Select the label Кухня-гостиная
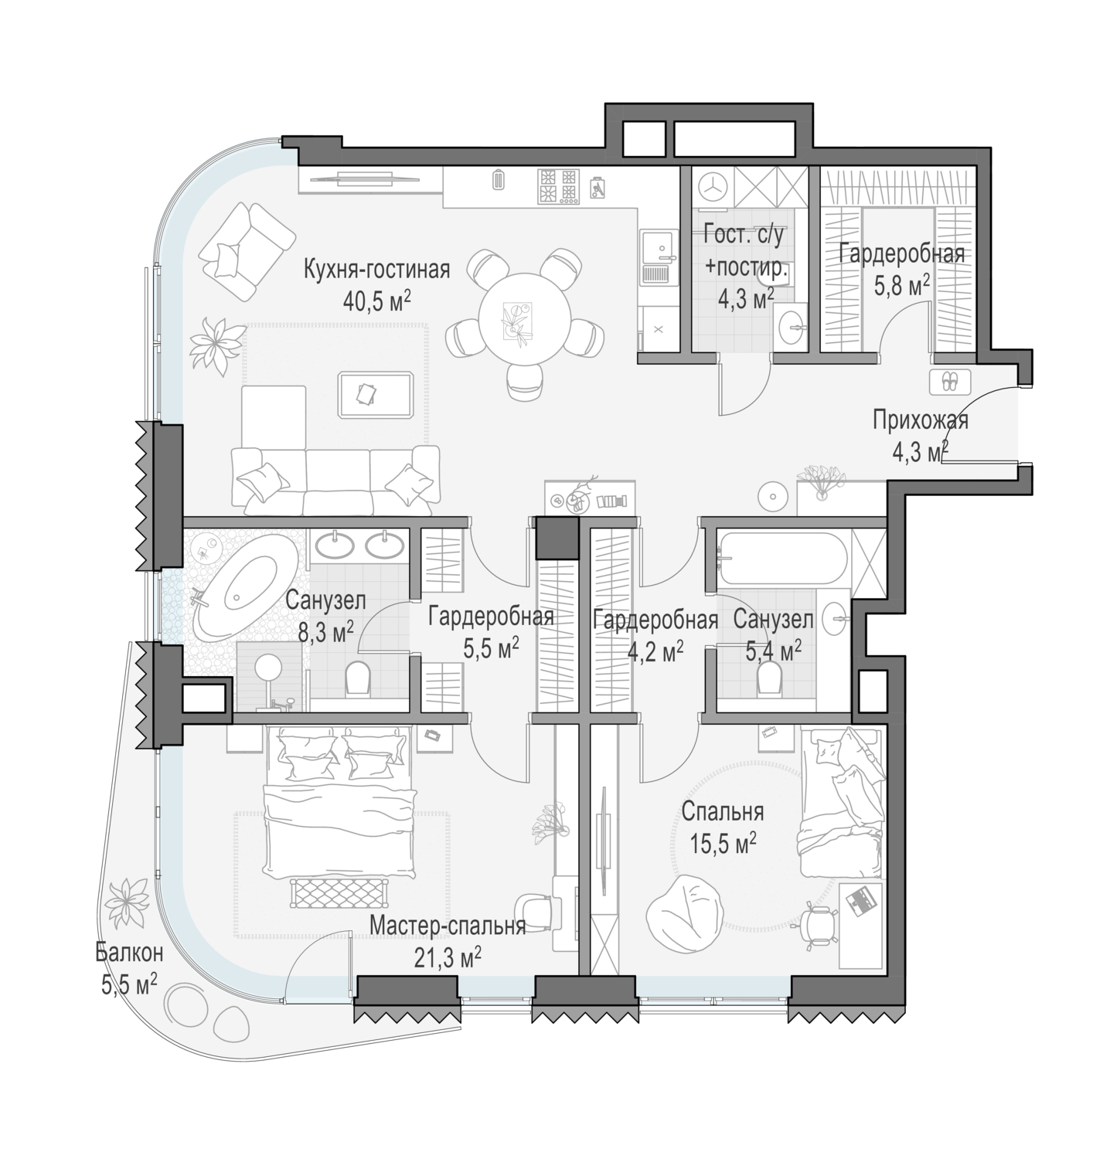tap(376, 270)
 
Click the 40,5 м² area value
tap(376, 300)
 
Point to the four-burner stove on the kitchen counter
tap(558, 186)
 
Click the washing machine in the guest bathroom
tap(711, 187)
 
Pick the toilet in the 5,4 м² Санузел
tap(770, 677)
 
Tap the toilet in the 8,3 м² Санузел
tap(358, 677)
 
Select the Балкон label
tap(129, 952)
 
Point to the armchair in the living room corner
tap(247, 251)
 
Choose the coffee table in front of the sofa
tap(376, 394)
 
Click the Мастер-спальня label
tap(448, 926)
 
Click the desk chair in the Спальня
tap(818, 923)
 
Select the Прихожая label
tap(921, 421)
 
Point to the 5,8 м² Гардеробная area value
tap(901, 287)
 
